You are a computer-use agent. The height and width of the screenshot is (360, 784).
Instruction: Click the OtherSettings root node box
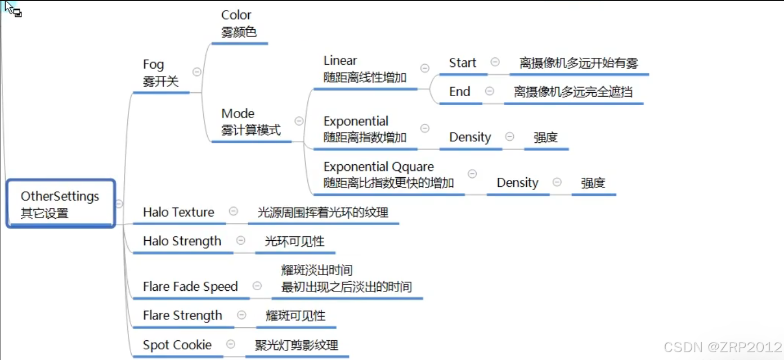click(60, 204)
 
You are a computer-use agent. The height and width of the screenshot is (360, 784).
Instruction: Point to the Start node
click(463, 63)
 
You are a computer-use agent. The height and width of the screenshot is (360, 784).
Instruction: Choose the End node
click(460, 92)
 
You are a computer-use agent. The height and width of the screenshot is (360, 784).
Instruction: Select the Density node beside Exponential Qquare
click(517, 183)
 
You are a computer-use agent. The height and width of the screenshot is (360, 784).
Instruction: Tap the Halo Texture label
click(178, 212)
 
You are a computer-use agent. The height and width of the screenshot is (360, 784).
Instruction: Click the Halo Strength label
click(182, 241)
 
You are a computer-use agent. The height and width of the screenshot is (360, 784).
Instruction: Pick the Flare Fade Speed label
click(190, 286)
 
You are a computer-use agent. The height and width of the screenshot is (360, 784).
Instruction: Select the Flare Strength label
click(182, 316)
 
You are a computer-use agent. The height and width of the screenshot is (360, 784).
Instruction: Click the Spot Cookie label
click(177, 345)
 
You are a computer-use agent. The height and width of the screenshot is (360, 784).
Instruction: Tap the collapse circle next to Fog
click(197, 71)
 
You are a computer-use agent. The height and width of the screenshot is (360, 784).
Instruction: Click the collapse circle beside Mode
click(299, 121)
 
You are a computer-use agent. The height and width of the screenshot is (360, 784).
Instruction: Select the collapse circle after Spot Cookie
click(231, 344)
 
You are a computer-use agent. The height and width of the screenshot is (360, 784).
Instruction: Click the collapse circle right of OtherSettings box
click(119, 204)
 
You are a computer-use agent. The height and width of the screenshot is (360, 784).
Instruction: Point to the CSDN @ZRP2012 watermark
click(722, 347)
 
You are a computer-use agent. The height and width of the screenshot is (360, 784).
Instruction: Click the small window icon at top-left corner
click(17, 12)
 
